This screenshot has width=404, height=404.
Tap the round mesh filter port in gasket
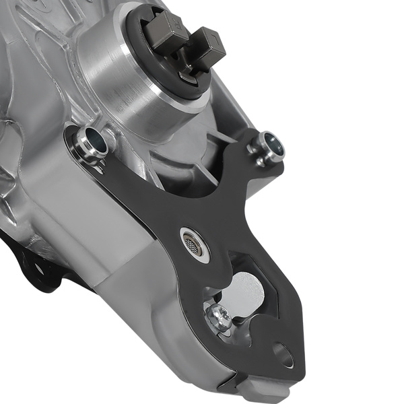click(x=195, y=243)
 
